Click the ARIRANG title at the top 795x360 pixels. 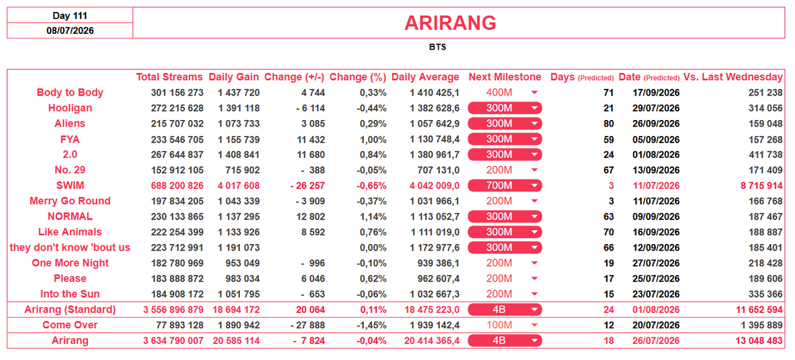(450, 23)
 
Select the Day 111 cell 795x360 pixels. (70, 16)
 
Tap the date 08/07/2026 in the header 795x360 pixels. (70, 30)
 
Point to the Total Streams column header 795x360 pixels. (169, 77)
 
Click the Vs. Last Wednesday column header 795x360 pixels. (733, 77)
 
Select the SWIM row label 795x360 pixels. (70, 186)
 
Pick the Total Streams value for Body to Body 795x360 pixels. (177, 93)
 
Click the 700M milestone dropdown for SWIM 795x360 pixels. (505, 186)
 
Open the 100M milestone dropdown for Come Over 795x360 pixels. (505, 325)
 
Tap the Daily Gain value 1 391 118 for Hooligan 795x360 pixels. (238, 108)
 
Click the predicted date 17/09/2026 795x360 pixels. (656, 93)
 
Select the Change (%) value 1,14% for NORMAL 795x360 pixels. (373, 217)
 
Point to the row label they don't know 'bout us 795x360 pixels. (70, 247)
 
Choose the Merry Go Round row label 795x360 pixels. (70, 202)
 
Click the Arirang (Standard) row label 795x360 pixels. (70, 310)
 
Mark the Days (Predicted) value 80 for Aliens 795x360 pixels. (609, 124)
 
